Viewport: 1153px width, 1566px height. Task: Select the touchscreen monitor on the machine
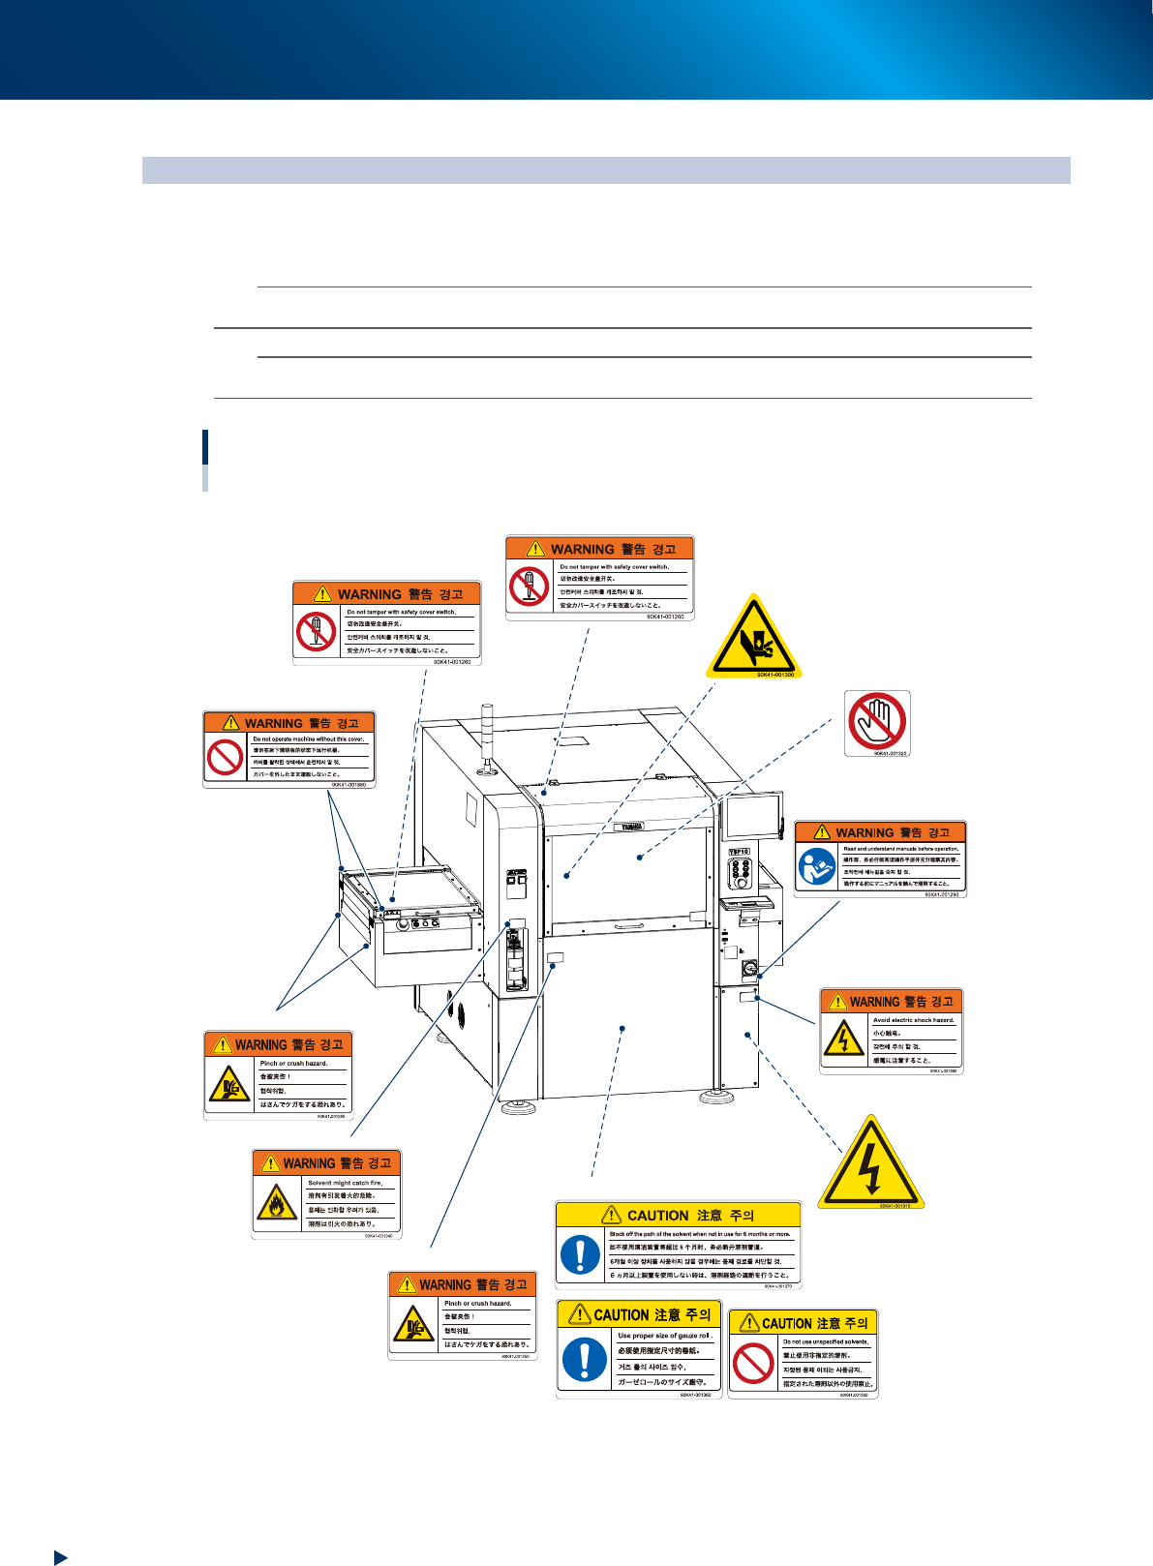pos(751,815)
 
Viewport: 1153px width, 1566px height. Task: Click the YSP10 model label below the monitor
pos(740,852)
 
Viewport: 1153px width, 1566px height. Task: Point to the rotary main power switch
pos(747,967)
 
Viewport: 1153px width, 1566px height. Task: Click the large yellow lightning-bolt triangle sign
pos(870,1164)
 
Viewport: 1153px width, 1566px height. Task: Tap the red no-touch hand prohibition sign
pos(876,720)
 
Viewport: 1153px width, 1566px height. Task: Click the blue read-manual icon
pos(816,867)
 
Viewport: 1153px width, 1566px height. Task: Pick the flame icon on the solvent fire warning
pos(277,1203)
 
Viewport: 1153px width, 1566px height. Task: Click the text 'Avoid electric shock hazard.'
pos(913,1020)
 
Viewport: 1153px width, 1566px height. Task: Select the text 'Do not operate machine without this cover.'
pos(308,738)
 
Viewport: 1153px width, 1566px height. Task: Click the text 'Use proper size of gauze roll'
pos(664,1336)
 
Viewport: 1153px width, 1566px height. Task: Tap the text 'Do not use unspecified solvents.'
pos(826,1341)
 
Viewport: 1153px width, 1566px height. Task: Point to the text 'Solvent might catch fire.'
pos(345,1183)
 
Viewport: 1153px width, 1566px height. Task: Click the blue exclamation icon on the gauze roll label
pos(584,1359)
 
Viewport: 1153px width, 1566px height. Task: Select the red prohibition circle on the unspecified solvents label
pos(753,1365)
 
